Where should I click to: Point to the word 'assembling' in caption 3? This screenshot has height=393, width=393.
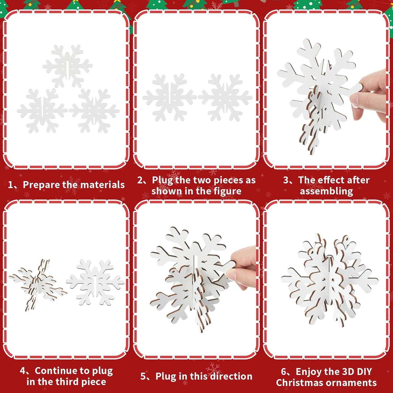click(x=326, y=191)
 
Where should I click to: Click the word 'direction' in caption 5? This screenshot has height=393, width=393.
click(x=231, y=376)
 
